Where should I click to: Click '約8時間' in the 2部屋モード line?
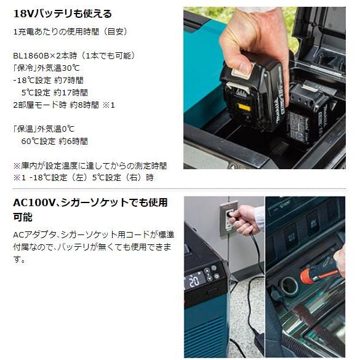coord(86,105)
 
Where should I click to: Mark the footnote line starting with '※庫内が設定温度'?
coord(90,166)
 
